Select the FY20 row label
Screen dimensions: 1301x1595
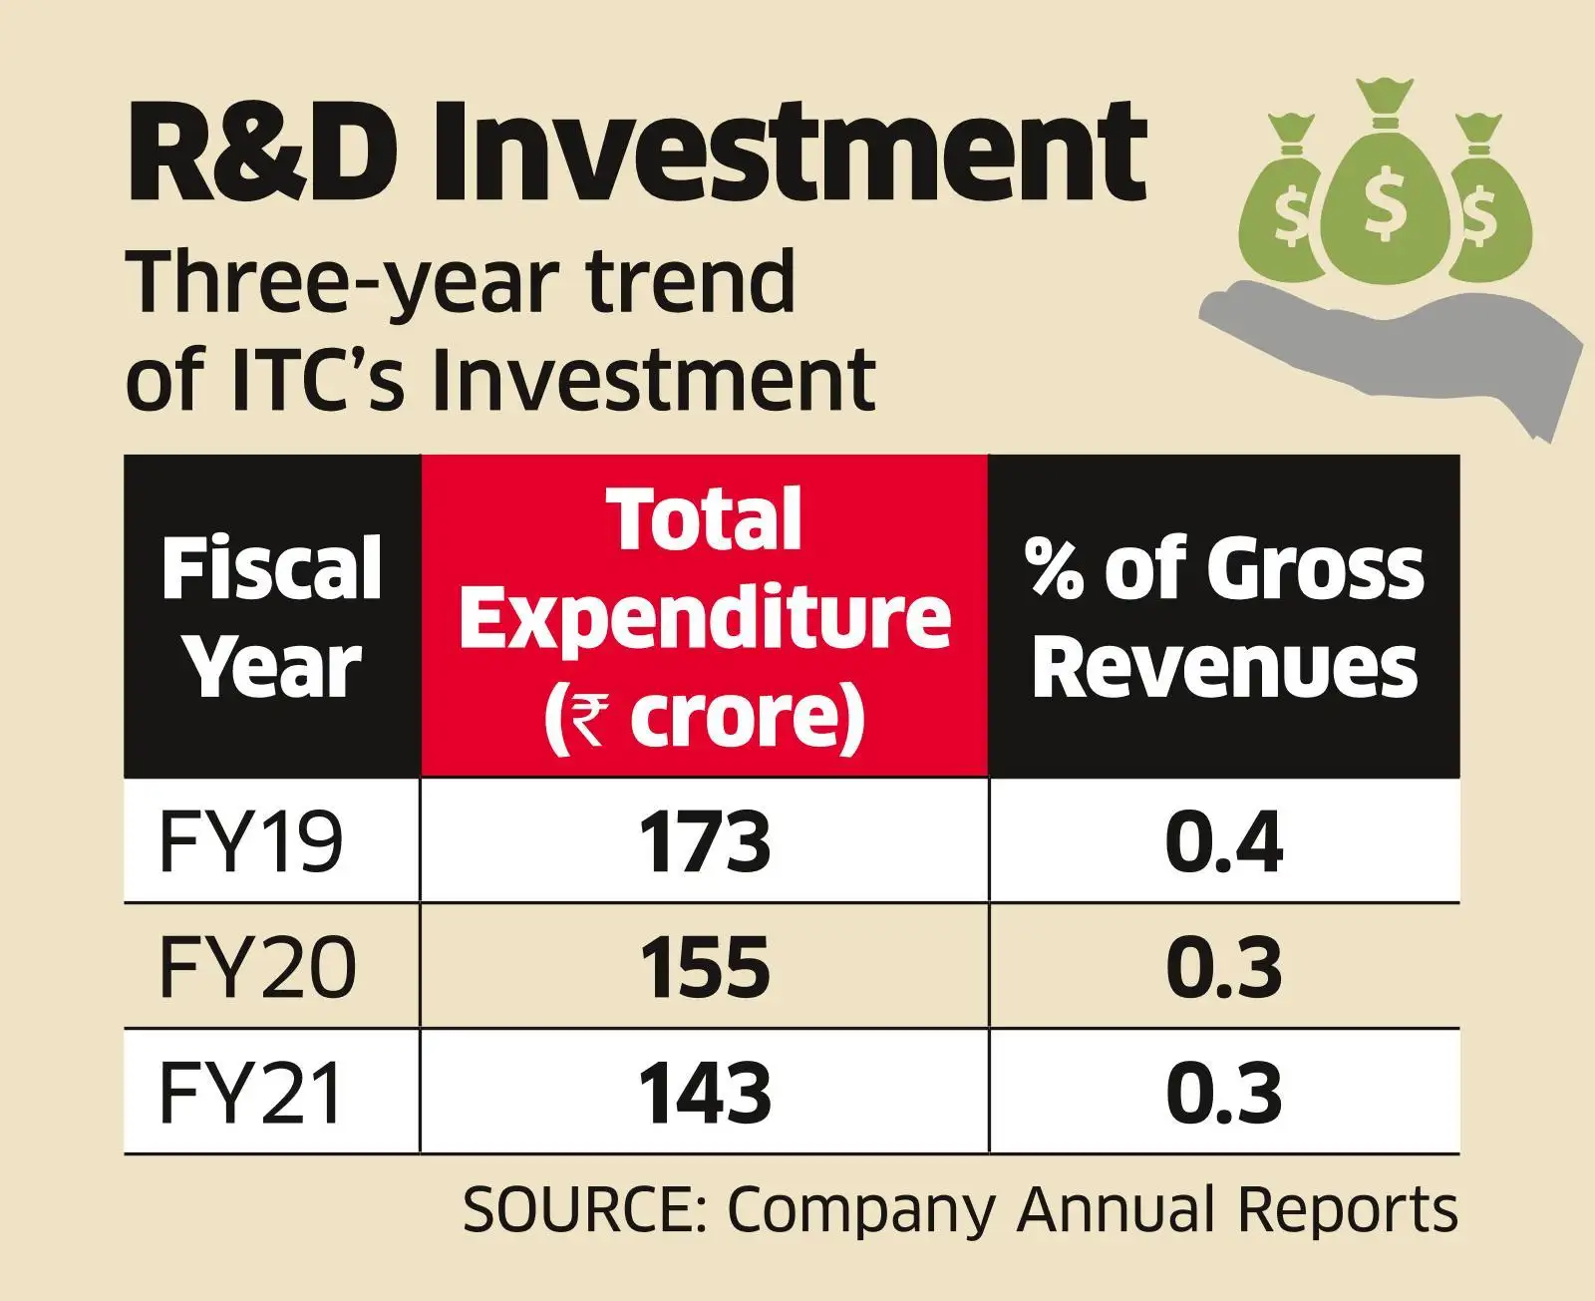257,968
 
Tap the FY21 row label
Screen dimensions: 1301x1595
250,1094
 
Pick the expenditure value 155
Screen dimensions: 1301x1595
705,968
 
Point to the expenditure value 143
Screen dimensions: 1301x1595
705,1094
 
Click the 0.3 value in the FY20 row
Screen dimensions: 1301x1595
1224,968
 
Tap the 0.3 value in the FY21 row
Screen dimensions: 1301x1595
1224,1094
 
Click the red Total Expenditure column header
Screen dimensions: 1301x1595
705,616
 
